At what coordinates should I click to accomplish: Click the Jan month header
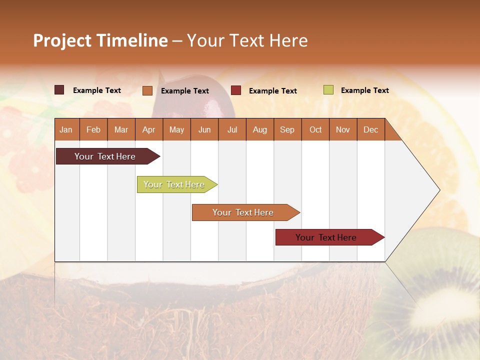(66, 129)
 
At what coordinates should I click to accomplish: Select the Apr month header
(148, 129)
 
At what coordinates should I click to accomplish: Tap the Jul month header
(232, 129)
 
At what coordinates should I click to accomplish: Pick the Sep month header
(287, 129)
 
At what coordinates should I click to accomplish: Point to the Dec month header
(370, 129)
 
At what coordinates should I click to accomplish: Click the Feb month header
(93, 129)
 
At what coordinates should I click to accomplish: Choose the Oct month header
(315, 129)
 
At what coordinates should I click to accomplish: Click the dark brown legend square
(59, 90)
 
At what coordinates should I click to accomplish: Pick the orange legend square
(147, 90)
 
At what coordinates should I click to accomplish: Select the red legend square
(236, 90)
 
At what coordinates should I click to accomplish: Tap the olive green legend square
(328, 90)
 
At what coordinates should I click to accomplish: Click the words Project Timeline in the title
(100, 40)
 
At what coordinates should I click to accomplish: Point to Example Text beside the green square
(364, 90)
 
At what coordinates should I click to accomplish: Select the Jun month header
(204, 129)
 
